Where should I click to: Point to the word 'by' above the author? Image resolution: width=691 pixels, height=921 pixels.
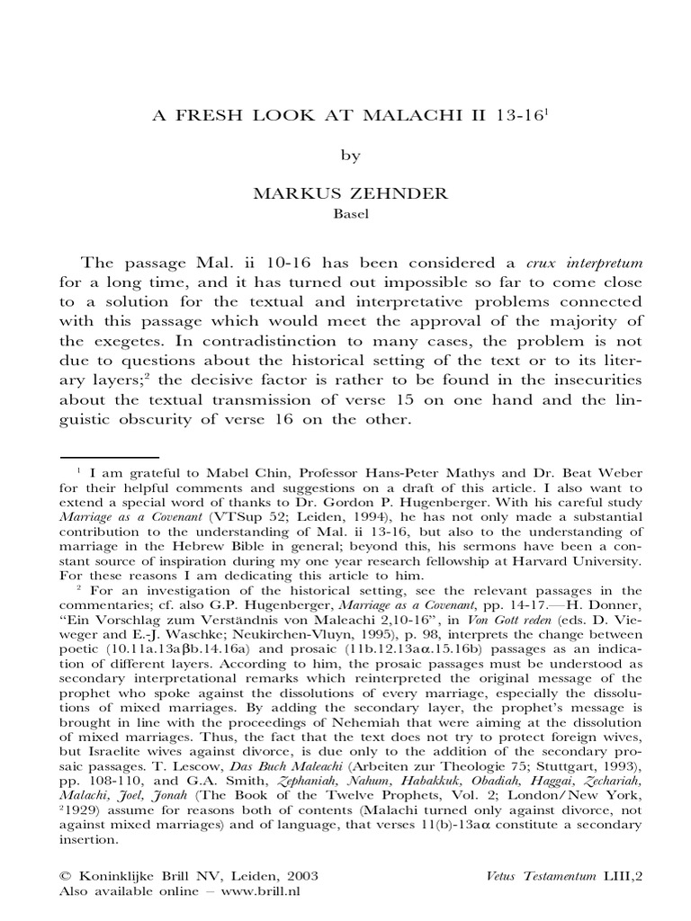click(350, 156)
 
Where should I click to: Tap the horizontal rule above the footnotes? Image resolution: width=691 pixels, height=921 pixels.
click(109, 458)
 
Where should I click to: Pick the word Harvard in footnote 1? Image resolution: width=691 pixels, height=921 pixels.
click(534, 560)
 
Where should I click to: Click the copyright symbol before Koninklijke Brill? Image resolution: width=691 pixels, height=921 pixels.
click(64, 875)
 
